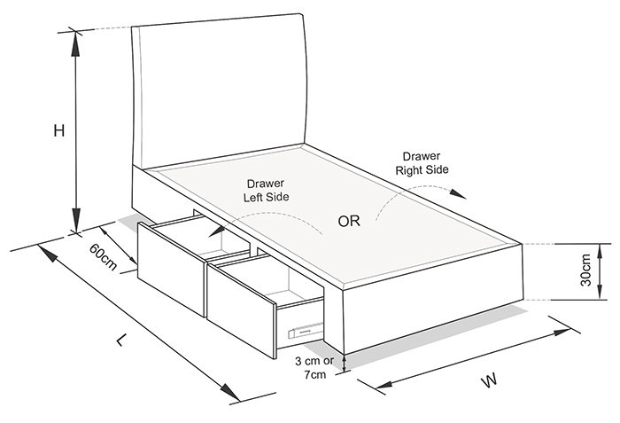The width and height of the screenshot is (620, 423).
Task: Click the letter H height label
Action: point(59,130)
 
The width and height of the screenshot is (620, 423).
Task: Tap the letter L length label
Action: point(122,340)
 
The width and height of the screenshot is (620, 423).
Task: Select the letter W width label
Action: point(489,380)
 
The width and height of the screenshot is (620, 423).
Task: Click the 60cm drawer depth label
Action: point(104,256)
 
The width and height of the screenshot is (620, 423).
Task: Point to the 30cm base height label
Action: point(585,270)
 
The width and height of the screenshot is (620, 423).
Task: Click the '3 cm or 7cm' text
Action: point(314,367)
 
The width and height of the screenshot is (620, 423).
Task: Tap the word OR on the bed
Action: point(349,221)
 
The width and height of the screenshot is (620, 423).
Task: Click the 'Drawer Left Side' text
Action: point(266,190)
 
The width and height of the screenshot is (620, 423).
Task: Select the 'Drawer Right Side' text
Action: point(422,163)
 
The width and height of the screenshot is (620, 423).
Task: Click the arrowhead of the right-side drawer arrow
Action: point(459,193)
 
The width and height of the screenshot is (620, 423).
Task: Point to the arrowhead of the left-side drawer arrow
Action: point(215,231)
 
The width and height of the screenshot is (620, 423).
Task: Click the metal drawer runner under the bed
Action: point(306,330)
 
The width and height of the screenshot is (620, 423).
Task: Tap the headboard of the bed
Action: point(219,92)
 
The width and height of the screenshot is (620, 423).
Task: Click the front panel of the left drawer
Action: point(172,270)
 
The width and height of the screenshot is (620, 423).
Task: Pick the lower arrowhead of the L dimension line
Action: point(229,392)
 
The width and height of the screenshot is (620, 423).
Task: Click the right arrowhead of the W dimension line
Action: point(561,332)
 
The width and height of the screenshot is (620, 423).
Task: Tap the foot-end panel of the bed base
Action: point(433,300)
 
